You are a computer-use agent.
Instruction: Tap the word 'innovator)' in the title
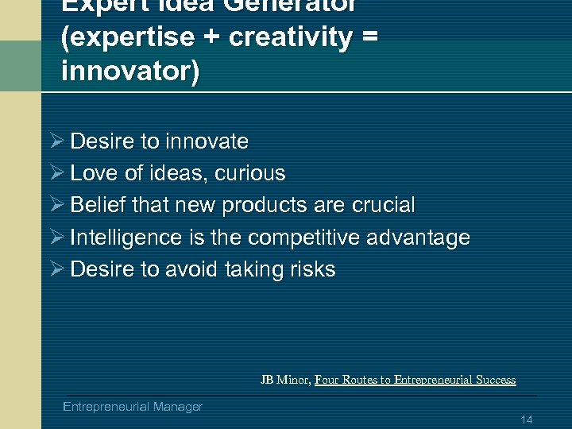[130, 71]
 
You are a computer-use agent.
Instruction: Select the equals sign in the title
[367, 38]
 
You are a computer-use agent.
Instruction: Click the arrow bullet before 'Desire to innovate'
[56, 141]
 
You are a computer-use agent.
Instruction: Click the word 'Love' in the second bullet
[95, 173]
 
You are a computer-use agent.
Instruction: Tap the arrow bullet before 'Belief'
[56, 205]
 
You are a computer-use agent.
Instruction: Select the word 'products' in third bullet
[265, 205]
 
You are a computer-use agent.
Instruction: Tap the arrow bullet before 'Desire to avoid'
[56, 269]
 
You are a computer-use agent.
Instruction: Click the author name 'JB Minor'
[284, 380]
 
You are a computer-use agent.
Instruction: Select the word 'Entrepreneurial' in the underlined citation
[427, 380]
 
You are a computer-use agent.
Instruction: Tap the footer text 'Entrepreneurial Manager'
[133, 407]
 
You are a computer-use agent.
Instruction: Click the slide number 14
[526, 419]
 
